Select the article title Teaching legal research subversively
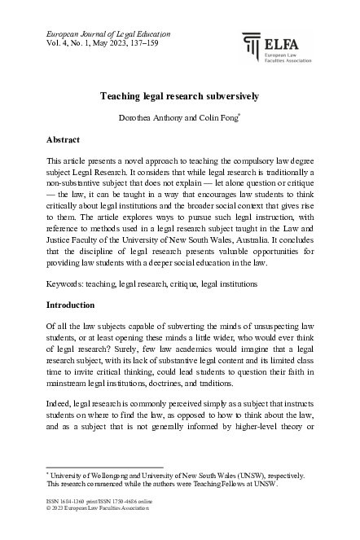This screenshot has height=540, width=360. [179, 95]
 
